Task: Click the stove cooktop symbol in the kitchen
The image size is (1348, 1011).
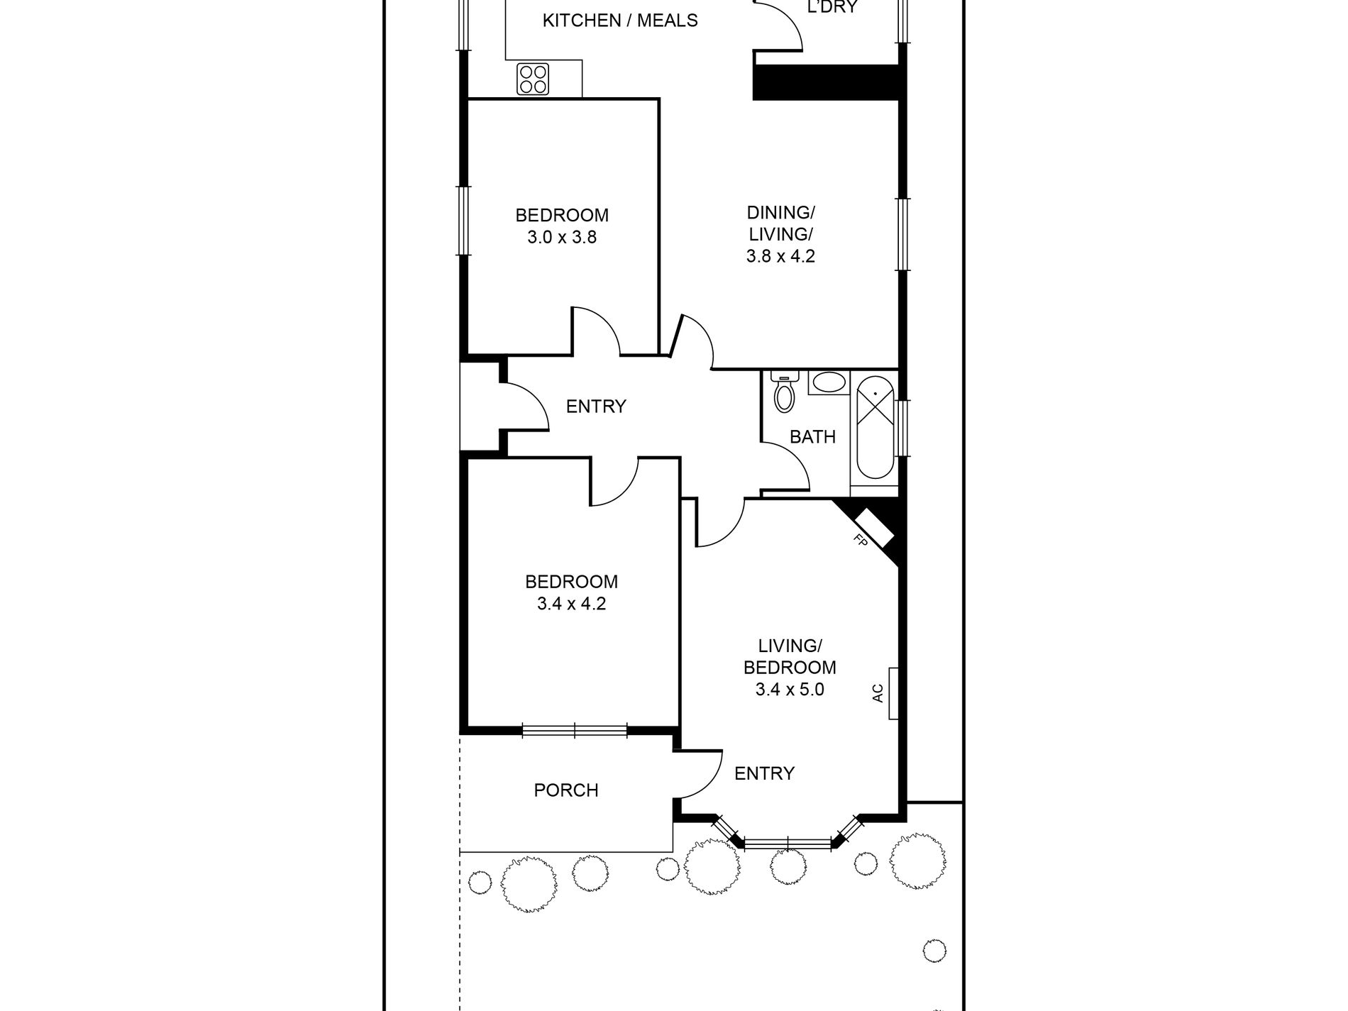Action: [533, 79]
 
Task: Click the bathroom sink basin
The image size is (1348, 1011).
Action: [828, 383]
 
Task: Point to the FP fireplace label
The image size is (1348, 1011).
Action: [861, 541]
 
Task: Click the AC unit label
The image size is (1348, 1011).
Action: [878, 692]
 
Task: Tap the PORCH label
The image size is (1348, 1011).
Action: [566, 790]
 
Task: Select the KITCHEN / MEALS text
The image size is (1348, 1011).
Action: [620, 21]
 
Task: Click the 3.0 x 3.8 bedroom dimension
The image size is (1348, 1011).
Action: [562, 237]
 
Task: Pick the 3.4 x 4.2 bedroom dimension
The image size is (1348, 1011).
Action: [571, 604]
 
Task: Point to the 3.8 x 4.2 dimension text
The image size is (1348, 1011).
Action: [780, 255]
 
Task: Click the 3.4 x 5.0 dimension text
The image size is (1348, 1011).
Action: [790, 689]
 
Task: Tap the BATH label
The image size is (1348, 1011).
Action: [812, 437]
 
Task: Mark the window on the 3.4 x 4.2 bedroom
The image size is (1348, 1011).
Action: [575, 729]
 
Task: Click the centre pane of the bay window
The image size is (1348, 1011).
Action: [788, 844]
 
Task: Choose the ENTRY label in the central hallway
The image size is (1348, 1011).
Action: [596, 407]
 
